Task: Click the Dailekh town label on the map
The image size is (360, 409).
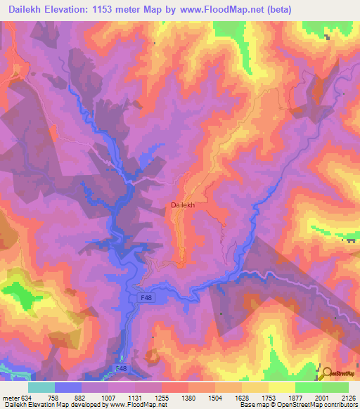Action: point(182,205)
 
